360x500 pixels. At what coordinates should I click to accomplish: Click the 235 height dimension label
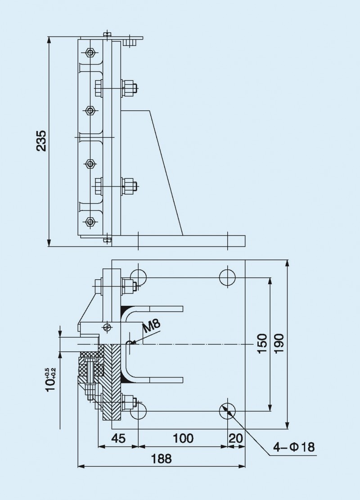click(41, 141)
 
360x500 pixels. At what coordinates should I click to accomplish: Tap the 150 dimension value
click(262, 344)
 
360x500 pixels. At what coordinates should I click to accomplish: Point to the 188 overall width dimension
click(162, 459)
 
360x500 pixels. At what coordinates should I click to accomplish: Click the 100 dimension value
click(183, 438)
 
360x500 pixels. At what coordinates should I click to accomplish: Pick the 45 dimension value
click(118, 438)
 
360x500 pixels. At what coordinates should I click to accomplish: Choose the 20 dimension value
click(236, 438)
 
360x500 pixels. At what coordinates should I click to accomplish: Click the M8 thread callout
click(152, 326)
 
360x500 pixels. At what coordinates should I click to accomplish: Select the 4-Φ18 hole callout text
click(295, 447)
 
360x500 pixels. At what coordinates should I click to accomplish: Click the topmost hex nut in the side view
click(90, 53)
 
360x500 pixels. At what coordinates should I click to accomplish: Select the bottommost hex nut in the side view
click(90, 221)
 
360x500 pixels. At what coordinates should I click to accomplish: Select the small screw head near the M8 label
click(107, 327)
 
